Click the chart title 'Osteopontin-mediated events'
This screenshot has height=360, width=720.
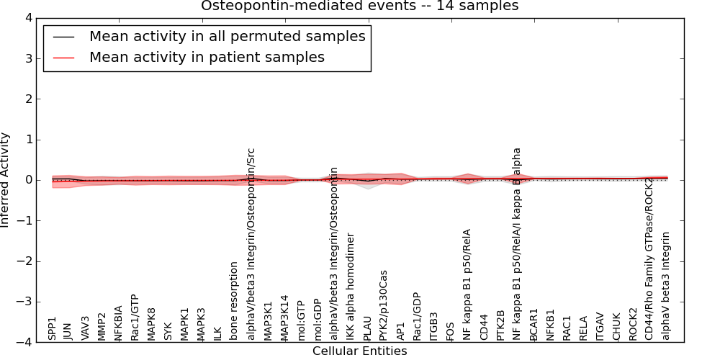[359, 6]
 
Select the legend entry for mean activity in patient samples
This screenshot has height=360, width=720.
[207, 57]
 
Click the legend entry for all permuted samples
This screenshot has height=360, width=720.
[227, 36]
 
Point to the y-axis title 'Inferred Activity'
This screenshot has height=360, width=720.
[6, 180]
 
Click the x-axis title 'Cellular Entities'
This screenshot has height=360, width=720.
[359, 351]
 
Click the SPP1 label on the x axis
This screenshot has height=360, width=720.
[52, 328]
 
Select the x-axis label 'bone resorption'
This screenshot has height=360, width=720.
[233, 301]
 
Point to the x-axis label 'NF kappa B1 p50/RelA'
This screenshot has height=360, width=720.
[467, 284]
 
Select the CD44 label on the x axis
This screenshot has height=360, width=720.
[483, 326]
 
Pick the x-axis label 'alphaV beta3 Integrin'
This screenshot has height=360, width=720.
[666, 286]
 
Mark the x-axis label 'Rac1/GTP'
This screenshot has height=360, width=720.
[135, 317]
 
